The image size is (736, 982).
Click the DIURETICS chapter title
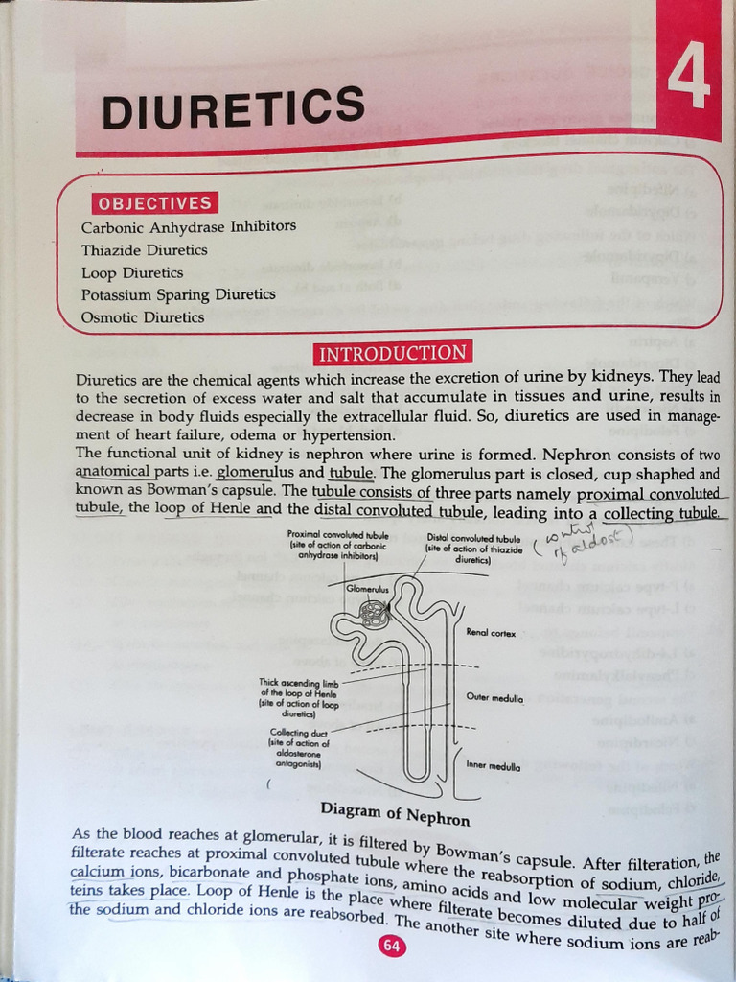(x=233, y=106)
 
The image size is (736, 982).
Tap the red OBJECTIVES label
(x=153, y=203)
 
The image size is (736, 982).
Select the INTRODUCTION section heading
(x=392, y=353)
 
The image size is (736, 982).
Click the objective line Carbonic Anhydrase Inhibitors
(x=189, y=227)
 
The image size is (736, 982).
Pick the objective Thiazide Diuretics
(x=145, y=250)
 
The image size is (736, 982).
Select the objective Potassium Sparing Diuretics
(x=178, y=295)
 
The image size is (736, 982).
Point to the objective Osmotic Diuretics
(x=143, y=317)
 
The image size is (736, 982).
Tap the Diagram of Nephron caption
(x=395, y=814)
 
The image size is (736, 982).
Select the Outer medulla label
(x=494, y=698)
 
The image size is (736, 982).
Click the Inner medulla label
(x=494, y=766)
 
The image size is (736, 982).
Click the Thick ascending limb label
(x=298, y=698)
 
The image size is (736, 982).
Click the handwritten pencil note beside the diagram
(x=575, y=549)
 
